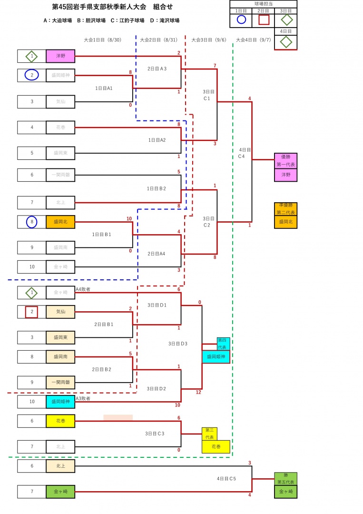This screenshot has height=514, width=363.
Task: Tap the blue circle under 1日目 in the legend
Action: pos(241,20)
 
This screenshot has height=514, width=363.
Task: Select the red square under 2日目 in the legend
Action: pos(264,20)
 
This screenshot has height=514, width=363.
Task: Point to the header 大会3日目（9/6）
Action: pos(208,40)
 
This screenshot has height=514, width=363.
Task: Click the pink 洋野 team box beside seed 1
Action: pos(60,56)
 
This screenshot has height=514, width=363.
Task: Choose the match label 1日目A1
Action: pos(104,88)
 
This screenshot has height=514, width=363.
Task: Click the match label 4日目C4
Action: pos(244,153)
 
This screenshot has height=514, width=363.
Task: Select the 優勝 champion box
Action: pos(285,160)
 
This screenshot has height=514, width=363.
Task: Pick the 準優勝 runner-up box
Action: pos(285,209)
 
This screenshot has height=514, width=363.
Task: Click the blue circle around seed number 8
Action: pos(31,222)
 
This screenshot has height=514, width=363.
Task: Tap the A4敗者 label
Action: pos(83,289)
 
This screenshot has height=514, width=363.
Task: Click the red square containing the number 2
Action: pos(31,312)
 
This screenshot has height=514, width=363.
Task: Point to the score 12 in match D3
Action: pos(198,392)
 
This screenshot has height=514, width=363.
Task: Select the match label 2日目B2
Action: pos(101,369)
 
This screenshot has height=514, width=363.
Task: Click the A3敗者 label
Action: pos(83,398)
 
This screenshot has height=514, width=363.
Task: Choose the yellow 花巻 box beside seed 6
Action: pos(60,421)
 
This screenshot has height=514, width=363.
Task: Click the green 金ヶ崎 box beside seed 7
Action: pos(60,492)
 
